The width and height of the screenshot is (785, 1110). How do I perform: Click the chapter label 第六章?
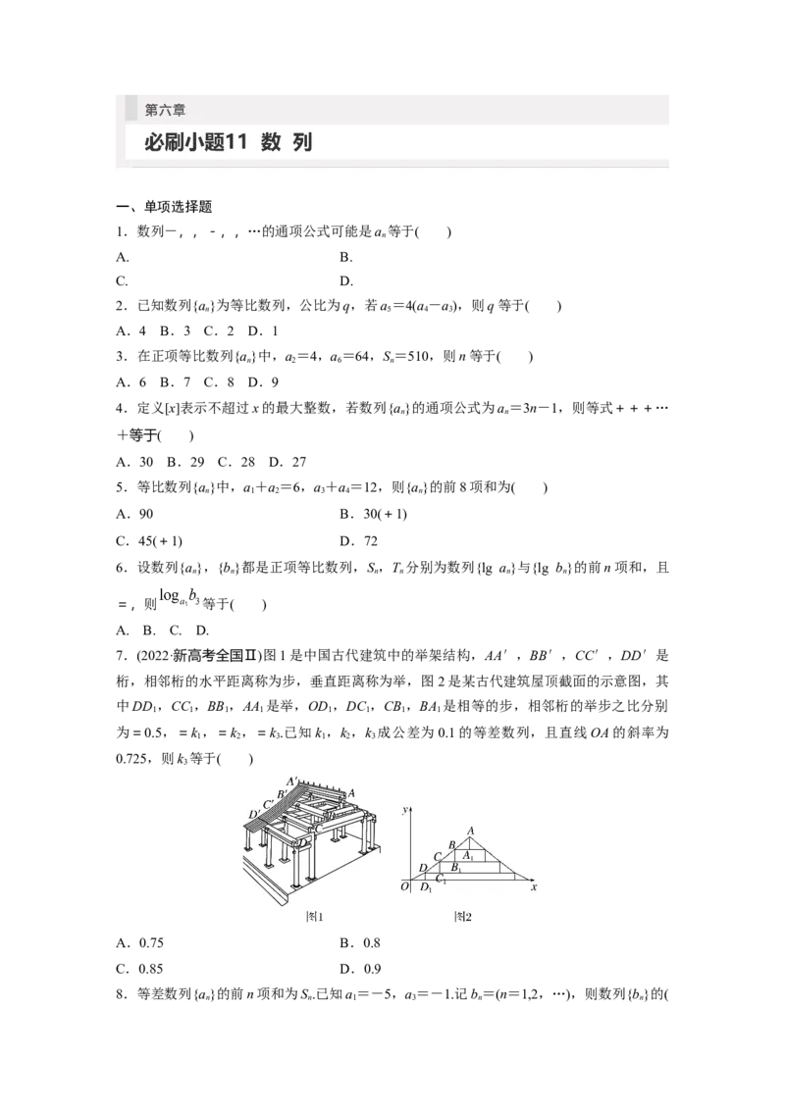pos(165,111)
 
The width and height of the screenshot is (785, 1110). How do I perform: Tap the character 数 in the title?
pos(271,143)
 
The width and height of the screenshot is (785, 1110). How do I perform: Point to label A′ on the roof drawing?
pos(292,782)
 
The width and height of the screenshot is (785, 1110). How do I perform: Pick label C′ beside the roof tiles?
pos(267,803)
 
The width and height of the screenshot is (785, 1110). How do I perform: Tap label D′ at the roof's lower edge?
pos(254,814)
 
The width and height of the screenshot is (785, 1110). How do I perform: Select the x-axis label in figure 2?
pos(533,887)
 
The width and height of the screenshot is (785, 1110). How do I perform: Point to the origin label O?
pos(404,887)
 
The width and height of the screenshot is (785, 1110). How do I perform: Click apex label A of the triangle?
pos(471,832)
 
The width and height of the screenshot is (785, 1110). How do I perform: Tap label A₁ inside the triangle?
pos(469,855)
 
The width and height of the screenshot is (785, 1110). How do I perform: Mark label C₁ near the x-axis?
pos(442,880)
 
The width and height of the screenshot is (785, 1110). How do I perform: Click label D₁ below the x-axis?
pos(426,888)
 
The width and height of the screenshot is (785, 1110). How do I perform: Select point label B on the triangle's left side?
pos(451,844)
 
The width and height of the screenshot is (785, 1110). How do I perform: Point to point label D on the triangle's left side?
pos(423,868)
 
